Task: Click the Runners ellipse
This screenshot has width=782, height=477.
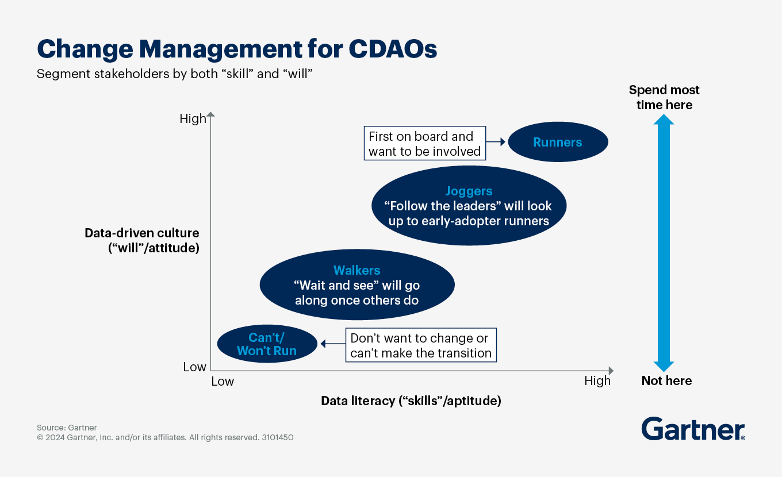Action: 558,142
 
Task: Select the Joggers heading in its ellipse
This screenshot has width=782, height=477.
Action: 469,191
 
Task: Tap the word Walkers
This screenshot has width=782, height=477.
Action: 356,270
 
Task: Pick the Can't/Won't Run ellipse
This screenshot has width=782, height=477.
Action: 267,344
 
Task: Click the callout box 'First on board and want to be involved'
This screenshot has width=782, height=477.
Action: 425,143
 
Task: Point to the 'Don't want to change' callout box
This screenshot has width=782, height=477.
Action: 421,345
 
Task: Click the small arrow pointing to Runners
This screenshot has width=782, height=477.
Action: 496,142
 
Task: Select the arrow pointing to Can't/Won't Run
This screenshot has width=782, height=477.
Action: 333,344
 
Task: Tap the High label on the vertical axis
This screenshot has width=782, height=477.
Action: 193,118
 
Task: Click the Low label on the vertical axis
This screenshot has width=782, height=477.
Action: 194,367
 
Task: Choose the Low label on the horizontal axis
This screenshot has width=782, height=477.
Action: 223,382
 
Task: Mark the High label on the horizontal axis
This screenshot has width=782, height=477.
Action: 597,380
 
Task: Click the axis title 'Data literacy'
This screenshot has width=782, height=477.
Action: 411,401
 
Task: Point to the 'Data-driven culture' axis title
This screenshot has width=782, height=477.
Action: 141,240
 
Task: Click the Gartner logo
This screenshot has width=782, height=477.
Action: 693,429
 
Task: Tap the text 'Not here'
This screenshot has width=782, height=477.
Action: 666,380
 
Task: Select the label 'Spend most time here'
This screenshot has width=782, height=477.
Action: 664,97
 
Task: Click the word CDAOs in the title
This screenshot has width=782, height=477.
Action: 393,49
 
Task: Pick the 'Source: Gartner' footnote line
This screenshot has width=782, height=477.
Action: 67,428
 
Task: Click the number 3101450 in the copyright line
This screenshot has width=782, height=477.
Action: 278,437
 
